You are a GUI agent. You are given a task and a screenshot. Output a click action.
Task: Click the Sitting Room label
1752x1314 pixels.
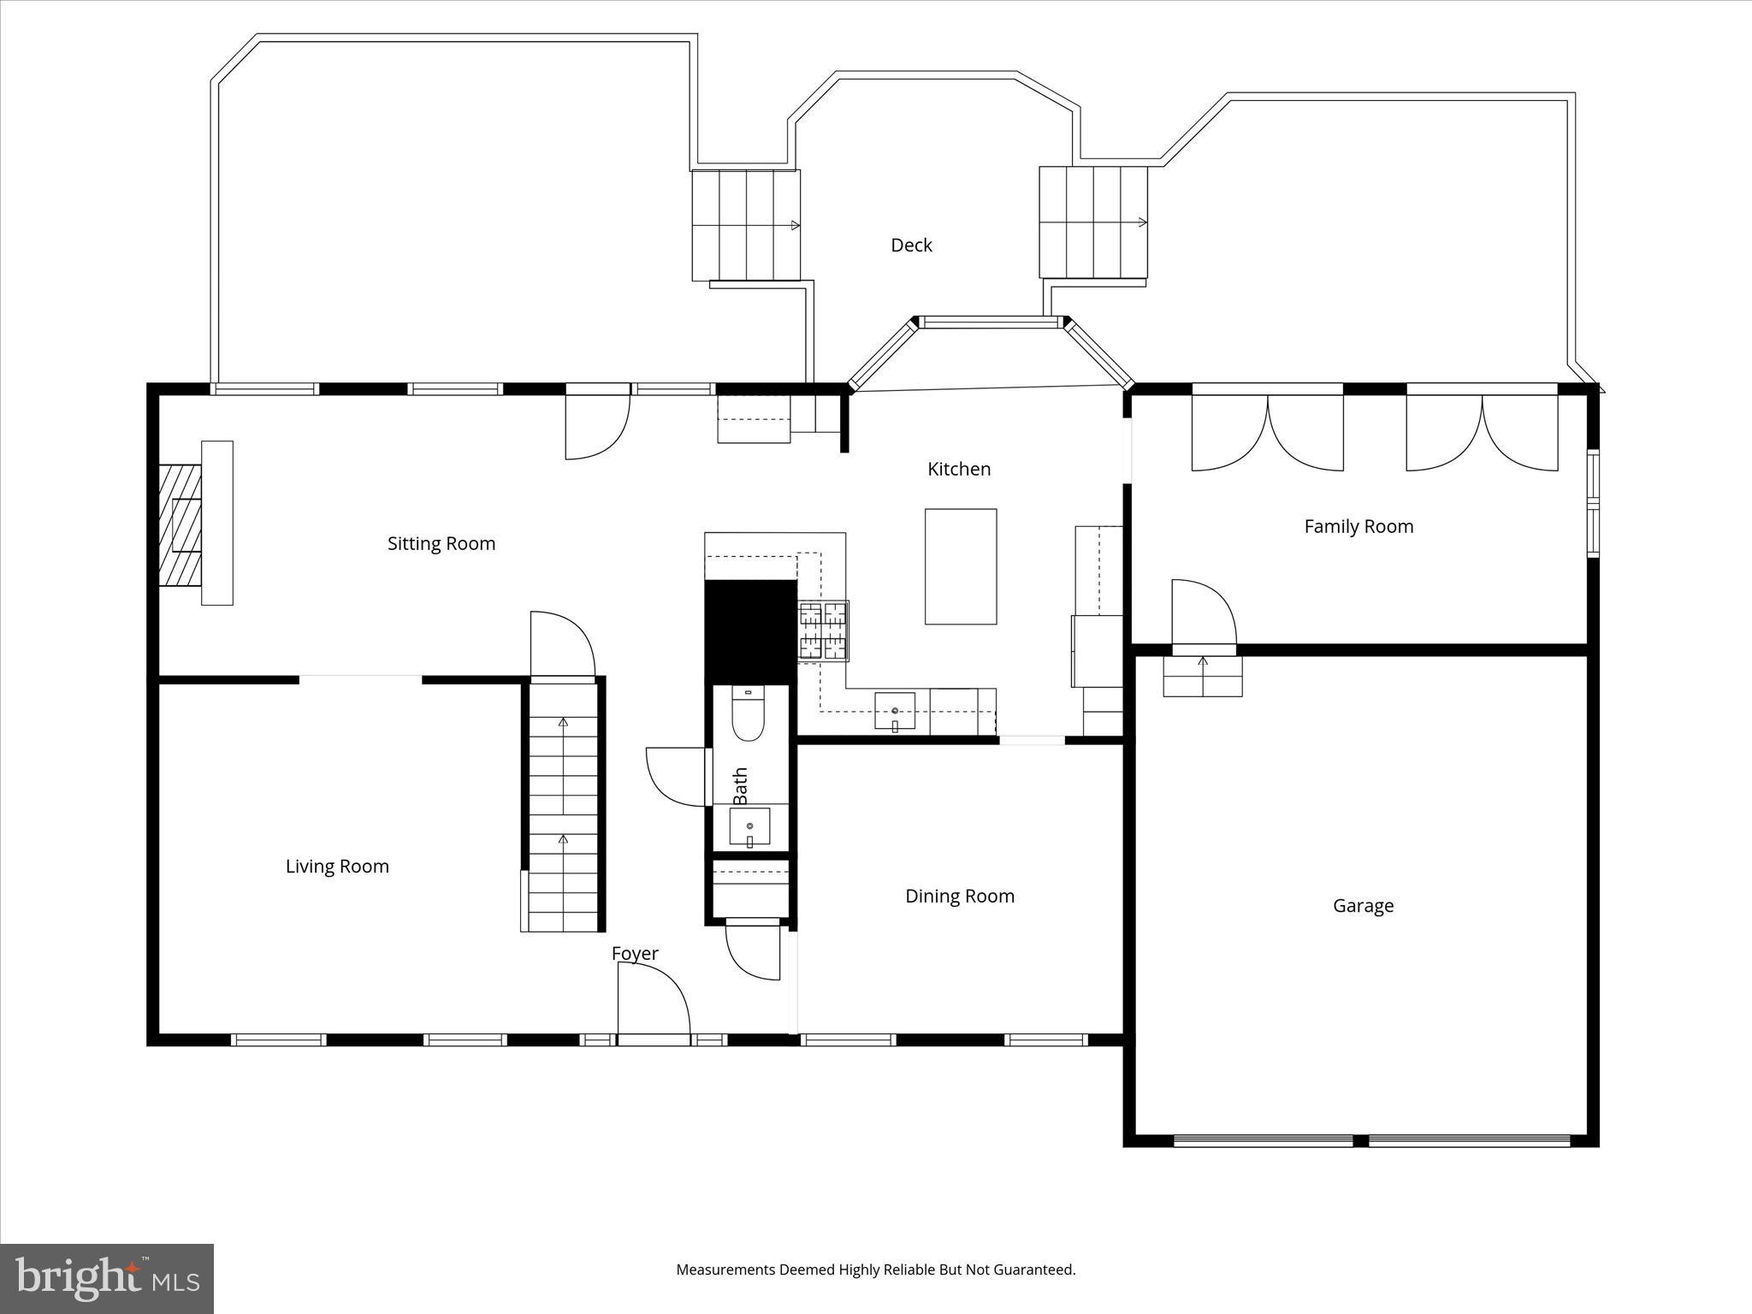[x=441, y=544]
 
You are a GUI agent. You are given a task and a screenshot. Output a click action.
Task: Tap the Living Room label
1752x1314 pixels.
[x=337, y=867]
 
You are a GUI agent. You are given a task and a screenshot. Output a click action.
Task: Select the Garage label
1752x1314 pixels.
[x=1363, y=906]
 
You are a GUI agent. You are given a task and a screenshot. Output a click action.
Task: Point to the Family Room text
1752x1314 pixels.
[x=1358, y=527]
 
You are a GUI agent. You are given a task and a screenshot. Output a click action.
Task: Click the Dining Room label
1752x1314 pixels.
[x=960, y=897]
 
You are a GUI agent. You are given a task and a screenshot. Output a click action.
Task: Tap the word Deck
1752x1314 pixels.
[x=911, y=246]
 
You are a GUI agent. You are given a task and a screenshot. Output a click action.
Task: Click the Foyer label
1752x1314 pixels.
[x=635, y=953]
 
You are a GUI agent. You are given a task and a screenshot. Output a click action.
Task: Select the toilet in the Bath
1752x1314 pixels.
[x=748, y=717]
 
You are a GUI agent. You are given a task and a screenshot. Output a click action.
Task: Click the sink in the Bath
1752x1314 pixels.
[x=749, y=827]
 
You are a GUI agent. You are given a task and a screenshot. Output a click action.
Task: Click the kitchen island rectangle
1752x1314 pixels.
[x=961, y=566]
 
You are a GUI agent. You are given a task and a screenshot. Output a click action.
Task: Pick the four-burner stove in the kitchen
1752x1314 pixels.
[x=823, y=631]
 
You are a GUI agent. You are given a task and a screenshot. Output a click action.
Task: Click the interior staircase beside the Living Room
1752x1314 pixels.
[x=563, y=808]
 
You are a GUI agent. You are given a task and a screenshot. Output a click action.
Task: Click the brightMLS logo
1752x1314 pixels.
[x=107, y=1278]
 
